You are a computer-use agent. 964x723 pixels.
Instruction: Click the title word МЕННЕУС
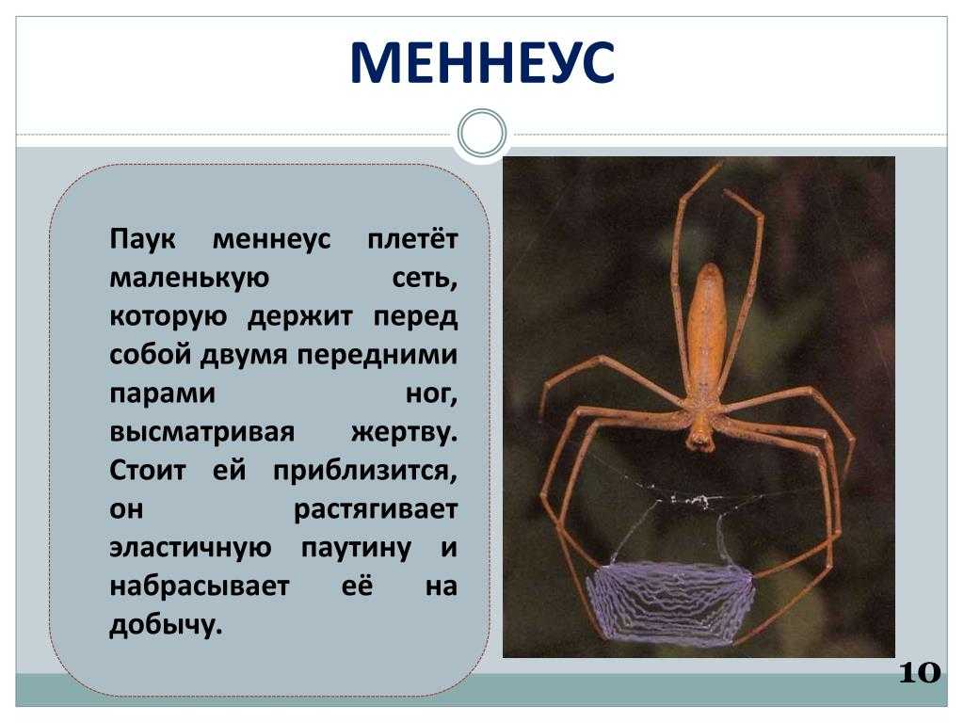tap(482, 62)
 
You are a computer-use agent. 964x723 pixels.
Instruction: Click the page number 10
tap(920, 672)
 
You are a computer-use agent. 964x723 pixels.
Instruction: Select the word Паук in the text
tap(143, 239)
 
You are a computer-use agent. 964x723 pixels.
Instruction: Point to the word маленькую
tap(189, 279)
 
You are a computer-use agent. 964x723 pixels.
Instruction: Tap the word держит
tap(300, 317)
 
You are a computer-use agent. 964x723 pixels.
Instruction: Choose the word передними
tap(378, 355)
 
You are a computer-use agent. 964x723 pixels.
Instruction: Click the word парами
tap(162, 394)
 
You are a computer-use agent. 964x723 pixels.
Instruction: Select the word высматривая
tap(202, 433)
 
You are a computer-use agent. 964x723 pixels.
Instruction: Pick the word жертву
tap(405, 433)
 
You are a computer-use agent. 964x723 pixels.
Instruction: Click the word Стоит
tap(148, 471)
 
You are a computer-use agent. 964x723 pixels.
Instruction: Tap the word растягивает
tap(376, 510)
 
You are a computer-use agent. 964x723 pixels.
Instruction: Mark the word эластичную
tap(190, 548)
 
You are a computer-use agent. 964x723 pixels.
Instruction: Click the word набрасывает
tap(200, 586)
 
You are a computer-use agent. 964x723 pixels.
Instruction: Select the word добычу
tap(166, 625)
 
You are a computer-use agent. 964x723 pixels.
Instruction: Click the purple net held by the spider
tap(670, 602)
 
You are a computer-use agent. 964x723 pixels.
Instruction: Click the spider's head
tap(700, 430)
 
